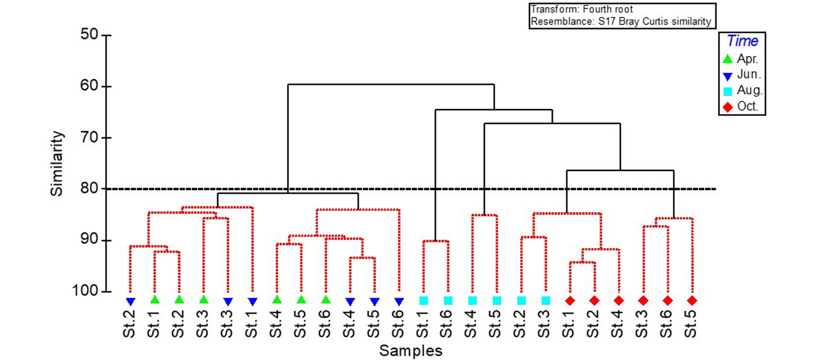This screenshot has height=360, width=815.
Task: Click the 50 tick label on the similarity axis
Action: [x=89, y=34]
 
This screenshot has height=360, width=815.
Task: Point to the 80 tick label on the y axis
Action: [x=89, y=188]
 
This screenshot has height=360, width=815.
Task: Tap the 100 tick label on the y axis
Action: [x=86, y=291]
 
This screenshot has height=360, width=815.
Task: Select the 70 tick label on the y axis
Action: [x=89, y=137]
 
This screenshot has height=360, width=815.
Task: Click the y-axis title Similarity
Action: [x=56, y=164]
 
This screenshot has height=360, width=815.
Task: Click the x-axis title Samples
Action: [x=410, y=351]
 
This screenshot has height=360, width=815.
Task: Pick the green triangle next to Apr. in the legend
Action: [x=728, y=59]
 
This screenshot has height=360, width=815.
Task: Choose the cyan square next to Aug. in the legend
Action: [x=728, y=91]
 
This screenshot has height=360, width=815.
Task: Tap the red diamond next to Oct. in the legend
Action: [x=728, y=107]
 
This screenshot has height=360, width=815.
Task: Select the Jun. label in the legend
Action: [x=749, y=75]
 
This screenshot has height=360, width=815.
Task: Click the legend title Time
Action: [x=742, y=41]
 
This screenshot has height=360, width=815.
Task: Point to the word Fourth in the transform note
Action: [x=597, y=9]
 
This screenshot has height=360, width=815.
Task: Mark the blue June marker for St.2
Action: [x=130, y=301]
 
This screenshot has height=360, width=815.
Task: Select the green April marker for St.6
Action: [x=326, y=300]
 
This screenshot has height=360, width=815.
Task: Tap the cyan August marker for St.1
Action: [x=423, y=301]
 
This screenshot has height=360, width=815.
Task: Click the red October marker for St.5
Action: [x=692, y=301]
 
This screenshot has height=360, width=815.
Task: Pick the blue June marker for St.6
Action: [x=399, y=301]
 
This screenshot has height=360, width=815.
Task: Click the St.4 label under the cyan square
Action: [x=471, y=324]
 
